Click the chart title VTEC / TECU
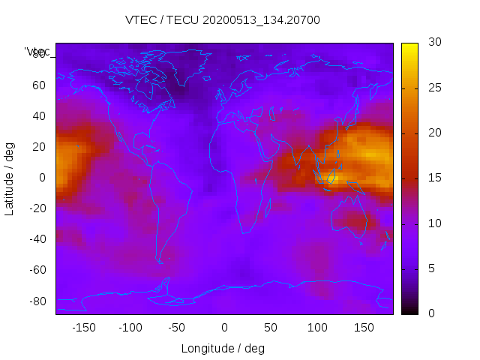223,20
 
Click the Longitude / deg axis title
223,348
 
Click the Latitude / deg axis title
10,178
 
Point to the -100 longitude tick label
130,328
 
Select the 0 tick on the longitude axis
224,328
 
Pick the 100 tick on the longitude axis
317,328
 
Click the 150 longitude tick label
364,328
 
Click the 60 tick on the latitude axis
39,85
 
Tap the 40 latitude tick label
39,115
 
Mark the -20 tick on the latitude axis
37,208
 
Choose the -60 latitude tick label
37,270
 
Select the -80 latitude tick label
37,301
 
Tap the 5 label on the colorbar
427,268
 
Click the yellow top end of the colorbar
409,46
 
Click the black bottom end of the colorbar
409,311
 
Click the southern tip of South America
160,262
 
